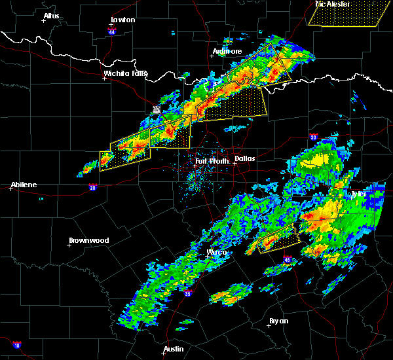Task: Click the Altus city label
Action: [x=51, y=16]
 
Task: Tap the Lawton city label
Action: [x=122, y=20]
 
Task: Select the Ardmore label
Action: [x=227, y=51]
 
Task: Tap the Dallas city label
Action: [x=246, y=158]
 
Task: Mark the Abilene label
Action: [x=24, y=185]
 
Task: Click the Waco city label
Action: [x=217, y=253]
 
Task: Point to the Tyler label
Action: [x=359, y=194]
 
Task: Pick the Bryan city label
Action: [x=278, y=321]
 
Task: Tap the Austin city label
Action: [x=174, y=349]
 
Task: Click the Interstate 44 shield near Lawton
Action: [x=112, y=31]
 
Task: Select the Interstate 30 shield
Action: [x=314, y=137]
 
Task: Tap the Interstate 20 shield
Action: [x=93, y=188]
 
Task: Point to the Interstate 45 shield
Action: [x=288, y=260]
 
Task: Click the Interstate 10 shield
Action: [x=17, y=345]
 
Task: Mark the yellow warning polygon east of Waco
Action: [x=280, y=240]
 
